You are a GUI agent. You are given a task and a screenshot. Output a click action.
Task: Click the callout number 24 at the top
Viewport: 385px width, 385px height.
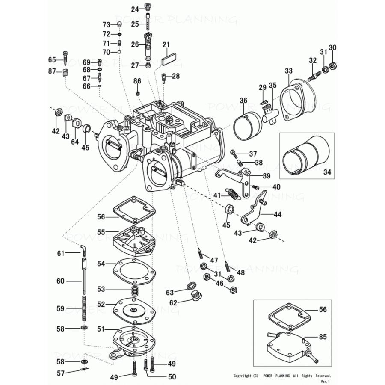pos(135,9)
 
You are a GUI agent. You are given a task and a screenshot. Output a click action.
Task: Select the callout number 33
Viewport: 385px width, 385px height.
pos(289,70)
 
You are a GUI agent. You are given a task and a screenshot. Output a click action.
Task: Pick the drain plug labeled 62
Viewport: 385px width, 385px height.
pos(198,296)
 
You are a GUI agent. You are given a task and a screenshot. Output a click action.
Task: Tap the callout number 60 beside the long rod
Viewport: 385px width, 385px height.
pos(60,281)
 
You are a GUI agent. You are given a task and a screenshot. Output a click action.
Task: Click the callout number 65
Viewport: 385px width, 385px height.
pos(52,60)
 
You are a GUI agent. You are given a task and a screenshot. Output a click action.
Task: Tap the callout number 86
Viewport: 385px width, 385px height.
pos(137,81)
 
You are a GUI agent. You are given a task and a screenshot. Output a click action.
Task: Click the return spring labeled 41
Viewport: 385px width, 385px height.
pos(234,194)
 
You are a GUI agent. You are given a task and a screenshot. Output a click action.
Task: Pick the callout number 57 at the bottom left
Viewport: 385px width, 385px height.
pos(61,373)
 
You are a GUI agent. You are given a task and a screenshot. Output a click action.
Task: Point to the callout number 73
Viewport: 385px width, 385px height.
pos(106,24)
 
